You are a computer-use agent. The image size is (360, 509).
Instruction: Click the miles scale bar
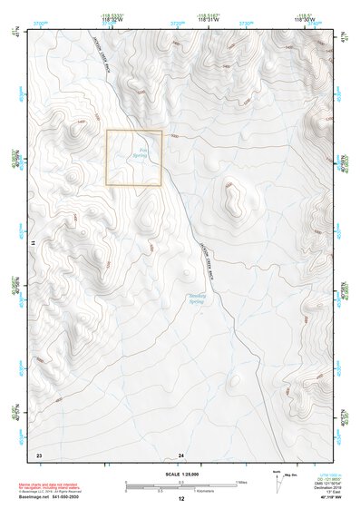tap(180, 481)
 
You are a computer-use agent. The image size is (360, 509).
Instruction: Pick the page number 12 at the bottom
tap(181, 500)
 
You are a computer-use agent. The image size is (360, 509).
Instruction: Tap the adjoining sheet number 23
tap(38, 454)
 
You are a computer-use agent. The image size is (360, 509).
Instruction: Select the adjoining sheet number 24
tap(181, 454)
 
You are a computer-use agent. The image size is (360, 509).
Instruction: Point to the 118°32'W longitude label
tap(112, 19)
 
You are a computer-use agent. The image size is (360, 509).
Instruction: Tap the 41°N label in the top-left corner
tap(15, 36)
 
